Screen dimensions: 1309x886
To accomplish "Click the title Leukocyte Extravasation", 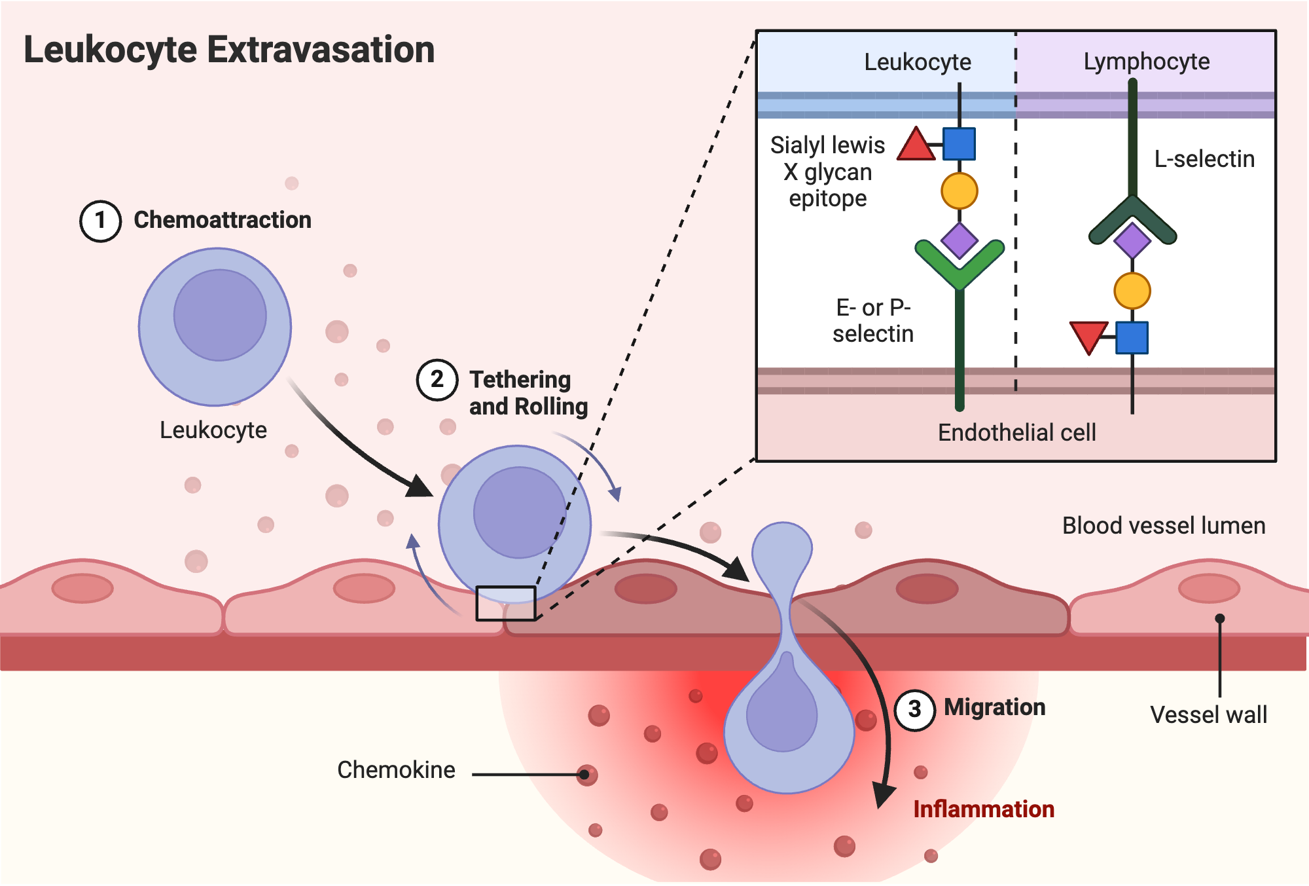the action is [x=229, y=50].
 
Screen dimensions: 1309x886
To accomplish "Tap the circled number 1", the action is [x=100, y=221].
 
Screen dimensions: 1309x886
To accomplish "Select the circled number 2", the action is [x=437, y=380].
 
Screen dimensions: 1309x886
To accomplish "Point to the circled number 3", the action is [x=914, y=709].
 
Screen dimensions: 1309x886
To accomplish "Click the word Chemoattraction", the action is [x=223, y=220].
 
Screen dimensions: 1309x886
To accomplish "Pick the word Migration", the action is [x=995, y=707].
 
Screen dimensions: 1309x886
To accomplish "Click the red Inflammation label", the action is [x=984, y=809].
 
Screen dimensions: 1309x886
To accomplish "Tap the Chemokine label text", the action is [x=396, y=770].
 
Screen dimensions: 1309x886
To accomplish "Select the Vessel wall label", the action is [x=1209, y=714].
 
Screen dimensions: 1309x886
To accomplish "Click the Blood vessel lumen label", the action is [x=1164, y=526].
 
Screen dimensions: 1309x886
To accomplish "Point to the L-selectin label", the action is [x=1204, y=159].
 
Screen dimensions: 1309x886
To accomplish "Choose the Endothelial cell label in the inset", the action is [x=1017, y=433].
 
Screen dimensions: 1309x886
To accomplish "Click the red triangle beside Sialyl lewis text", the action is [x=916, y=144].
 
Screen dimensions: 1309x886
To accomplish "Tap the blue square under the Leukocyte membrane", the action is [x=959, y=144].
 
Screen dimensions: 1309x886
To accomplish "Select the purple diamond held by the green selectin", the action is [x=959, y=240].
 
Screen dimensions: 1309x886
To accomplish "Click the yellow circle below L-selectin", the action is [x=1132, y=291].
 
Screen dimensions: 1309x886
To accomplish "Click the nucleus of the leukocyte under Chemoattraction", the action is [x=220, y=315].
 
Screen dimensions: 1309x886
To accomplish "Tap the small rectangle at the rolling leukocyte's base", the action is [x=506, y=603].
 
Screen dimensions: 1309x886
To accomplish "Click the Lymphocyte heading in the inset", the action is [x=1147, y=62].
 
